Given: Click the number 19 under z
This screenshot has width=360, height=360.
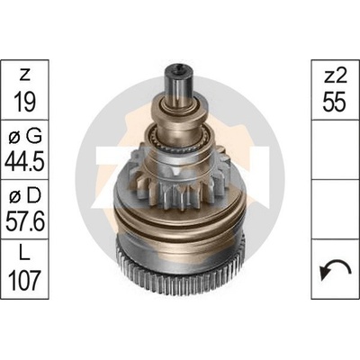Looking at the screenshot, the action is pos(24,102).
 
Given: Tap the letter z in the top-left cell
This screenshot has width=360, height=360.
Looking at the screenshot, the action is pos(24,76).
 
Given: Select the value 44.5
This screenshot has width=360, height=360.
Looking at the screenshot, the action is pos(24,161).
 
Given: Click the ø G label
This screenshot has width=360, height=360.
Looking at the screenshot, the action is pos(24,137).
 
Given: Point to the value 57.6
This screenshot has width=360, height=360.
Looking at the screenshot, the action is pos(24,221).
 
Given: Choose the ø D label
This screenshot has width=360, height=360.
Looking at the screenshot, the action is pos(24,196).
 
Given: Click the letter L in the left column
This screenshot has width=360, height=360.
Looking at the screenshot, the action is pos(24,254).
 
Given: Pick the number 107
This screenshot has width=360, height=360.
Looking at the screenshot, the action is pos(24,280).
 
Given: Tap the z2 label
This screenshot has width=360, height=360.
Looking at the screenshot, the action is pos(336,76).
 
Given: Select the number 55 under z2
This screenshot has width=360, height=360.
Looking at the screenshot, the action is pos(336,102).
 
